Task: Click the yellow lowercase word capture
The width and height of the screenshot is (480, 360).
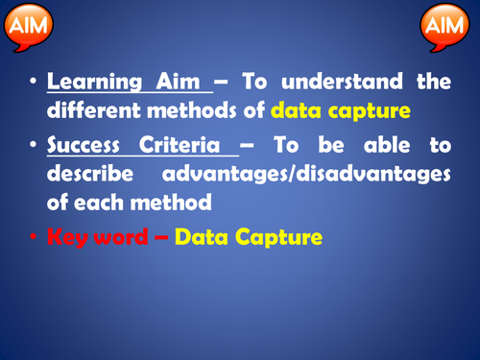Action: coord(372,109)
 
